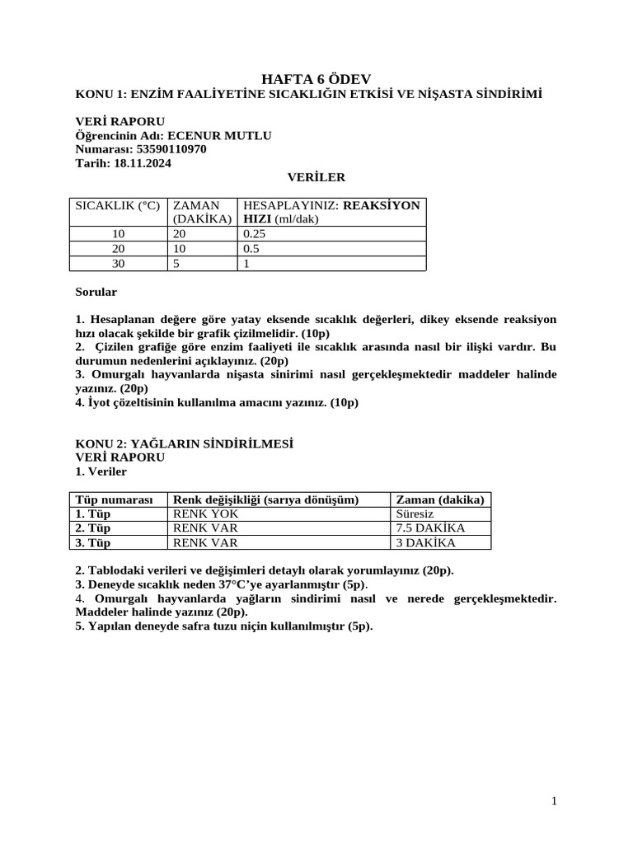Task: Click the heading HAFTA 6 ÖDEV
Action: [316, 79]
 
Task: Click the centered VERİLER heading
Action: [316, 177]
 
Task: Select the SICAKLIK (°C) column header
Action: [117, 205]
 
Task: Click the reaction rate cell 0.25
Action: [256, 234]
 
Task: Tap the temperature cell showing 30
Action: [117, 264]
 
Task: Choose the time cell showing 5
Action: [176, 264]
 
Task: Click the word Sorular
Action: [96, 292]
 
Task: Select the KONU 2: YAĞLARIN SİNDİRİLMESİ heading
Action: [185, 443]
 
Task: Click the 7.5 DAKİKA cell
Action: [430, 527]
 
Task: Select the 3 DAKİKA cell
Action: [425, 542]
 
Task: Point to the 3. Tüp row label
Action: [93, 542]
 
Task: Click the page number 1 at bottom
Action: [555, 801]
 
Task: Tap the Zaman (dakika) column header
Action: [440, 499]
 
